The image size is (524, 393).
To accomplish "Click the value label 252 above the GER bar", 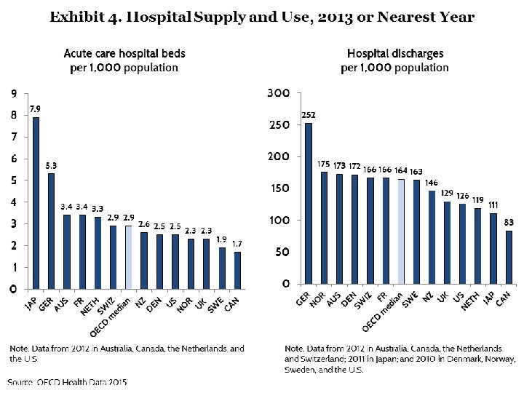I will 309,115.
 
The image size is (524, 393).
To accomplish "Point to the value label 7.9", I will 35,109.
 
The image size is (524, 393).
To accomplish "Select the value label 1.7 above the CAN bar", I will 237,244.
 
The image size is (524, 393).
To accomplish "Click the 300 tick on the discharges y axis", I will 279,94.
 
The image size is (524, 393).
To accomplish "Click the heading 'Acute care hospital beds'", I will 124,54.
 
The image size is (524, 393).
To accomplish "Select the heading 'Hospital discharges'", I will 395,54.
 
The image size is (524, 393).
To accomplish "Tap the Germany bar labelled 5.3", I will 51,231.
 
